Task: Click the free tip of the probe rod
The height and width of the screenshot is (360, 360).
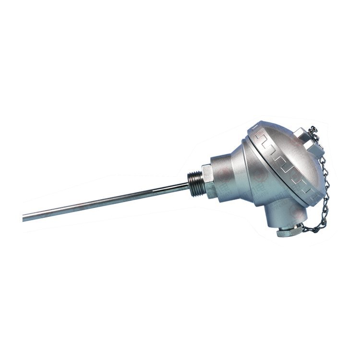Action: pyautogui.click(x=24, y=218)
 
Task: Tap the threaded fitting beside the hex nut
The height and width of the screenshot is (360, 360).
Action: pyautogui.click(x=194, y=178)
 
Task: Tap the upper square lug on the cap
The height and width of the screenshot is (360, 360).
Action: pyautogui.click(x=302, y=136)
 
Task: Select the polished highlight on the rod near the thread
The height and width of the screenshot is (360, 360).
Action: pyautogui.click(x=173, y=188)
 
